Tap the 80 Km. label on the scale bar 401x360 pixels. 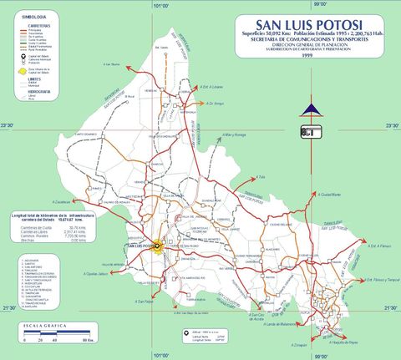[x=84, y=341]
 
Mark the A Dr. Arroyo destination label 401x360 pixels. [x=215, y=104]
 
